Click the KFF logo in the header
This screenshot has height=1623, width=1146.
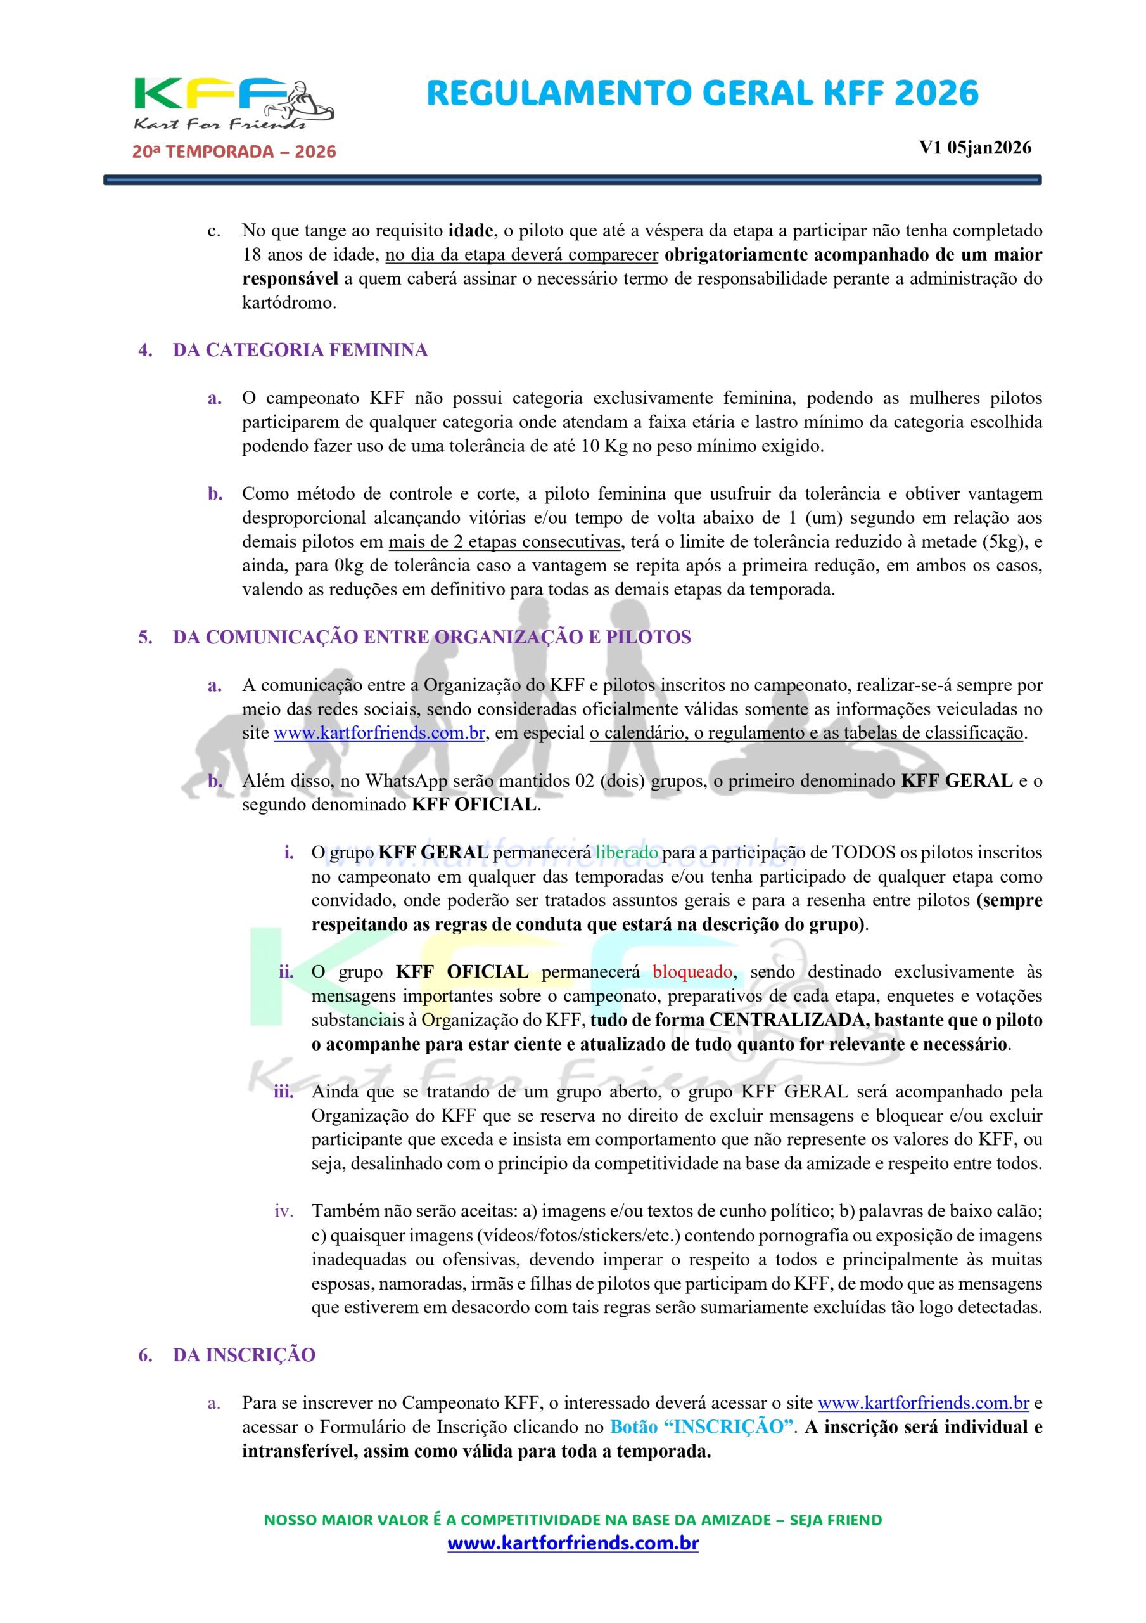tap(233, 105)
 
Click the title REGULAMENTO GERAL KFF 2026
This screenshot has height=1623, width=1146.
tap(703, 94)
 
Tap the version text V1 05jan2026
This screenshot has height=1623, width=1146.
tap(974, 148)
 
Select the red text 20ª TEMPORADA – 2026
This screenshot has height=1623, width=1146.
tap(234, 152)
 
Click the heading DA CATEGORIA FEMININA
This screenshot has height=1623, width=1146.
tap(300, 350)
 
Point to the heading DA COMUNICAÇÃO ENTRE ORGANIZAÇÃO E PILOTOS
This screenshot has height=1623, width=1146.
tap(431, 637)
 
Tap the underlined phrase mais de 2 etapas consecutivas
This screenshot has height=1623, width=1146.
tap(504, 541)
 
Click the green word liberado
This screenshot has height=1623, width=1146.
tap(626, 853)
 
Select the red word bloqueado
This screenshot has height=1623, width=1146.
tap(692, 972)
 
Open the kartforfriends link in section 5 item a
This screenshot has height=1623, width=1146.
tap(379, 733)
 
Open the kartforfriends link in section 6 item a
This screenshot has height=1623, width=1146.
tap(923, 1402)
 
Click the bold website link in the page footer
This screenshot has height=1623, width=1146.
tap(572, 1543)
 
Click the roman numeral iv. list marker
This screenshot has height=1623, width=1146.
tap(283, 1212)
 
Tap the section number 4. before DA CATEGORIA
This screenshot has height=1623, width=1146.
tap(145, 350)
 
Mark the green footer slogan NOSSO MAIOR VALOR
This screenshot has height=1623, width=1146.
tap(572, 1520)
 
